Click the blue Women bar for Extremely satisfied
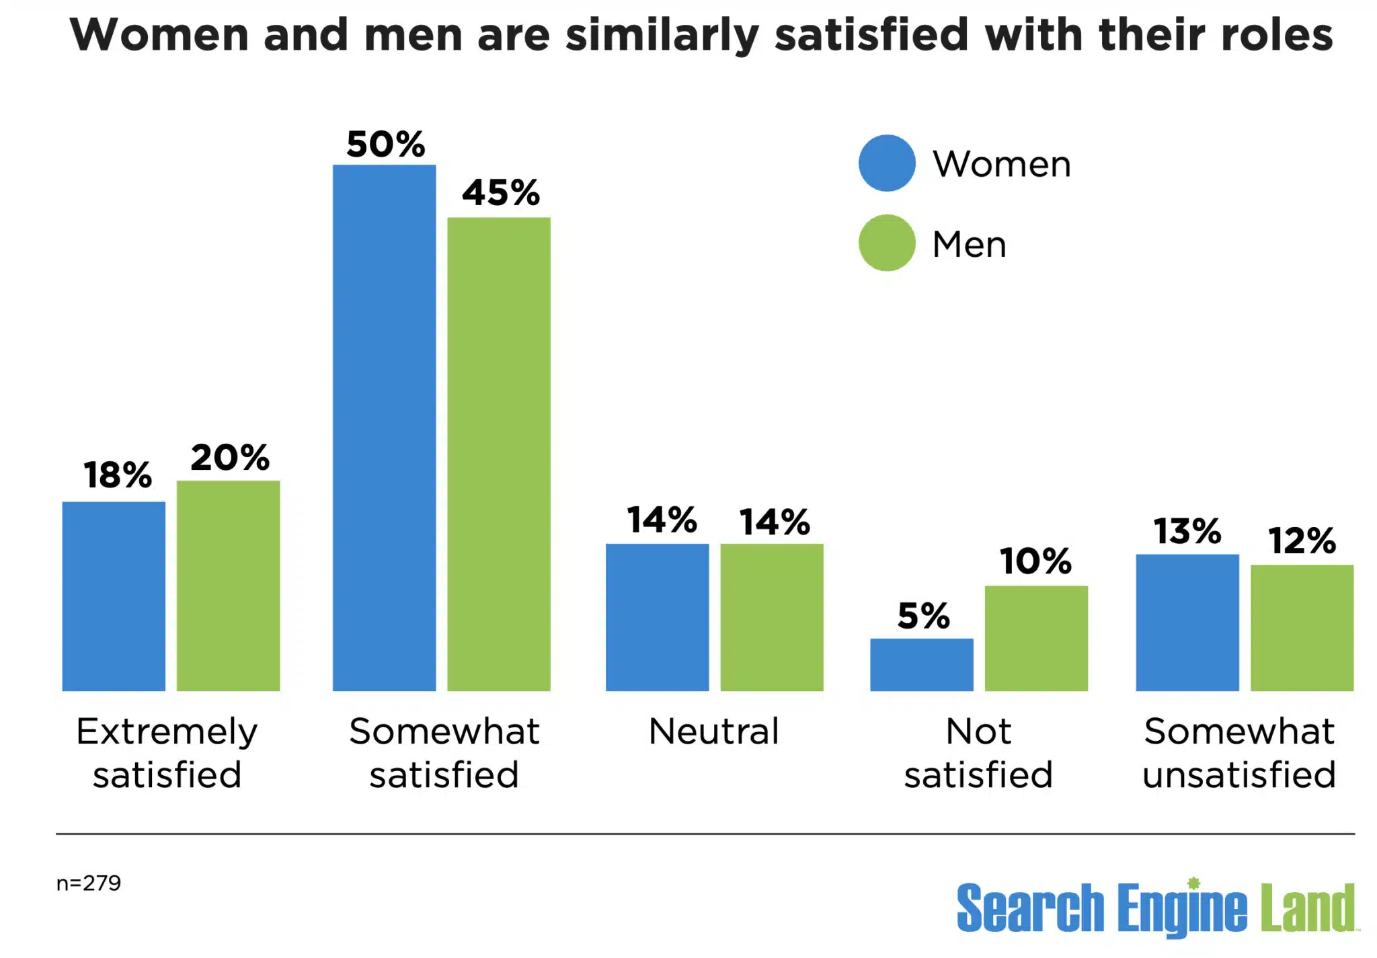pos(114,596)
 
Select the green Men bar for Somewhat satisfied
pos(499,454)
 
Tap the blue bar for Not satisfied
pos(921,664)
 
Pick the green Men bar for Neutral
pos(771,616)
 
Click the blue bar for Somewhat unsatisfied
pos(1187,622)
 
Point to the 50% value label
pos(385,144)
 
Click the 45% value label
pos(500,192)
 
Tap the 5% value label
pos(923,615)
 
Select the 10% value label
pos(1035,561)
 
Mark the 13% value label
pos(1187,531)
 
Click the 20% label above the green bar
pos(229,457)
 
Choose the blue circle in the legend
pos(887,163)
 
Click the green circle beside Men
pos(887,243)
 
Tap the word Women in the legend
pos(1001,164)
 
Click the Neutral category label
pos(713,731)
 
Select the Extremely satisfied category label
pos(167,752)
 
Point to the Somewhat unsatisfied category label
pos(1238,752)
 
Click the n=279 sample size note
pos(88,883)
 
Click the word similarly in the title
pos(662,35)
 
